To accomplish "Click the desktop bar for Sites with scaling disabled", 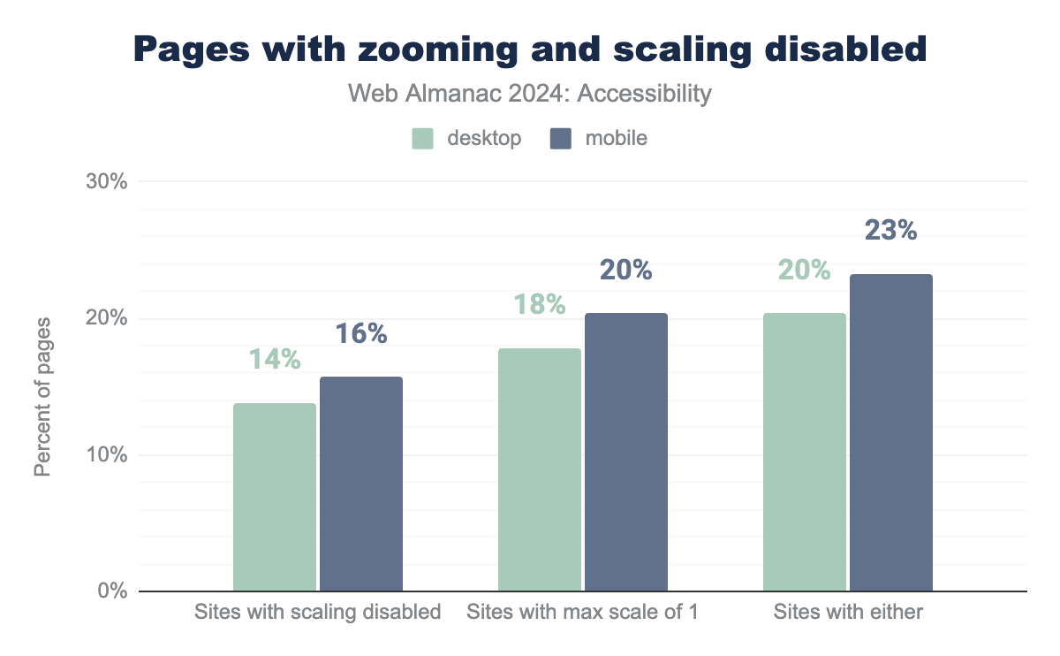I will [x=275, y=497].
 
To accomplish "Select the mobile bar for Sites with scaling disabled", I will [x=361, y=484].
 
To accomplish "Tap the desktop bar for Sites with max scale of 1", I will [x=540, y=469].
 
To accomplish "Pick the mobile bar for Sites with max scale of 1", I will [x=626, y=452].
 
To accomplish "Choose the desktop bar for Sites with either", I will [x=805, y=452].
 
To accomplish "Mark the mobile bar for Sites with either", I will [x=891, y=432].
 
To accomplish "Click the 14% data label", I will [x=275, y=360].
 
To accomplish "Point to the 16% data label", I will [x=361, y=333].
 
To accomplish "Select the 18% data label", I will [x=540, y=304].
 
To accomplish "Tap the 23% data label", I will [x=891, y=230].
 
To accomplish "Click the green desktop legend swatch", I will [x=423, y=139].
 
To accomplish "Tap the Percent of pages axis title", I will [x=42, y=395].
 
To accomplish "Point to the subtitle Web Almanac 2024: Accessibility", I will [x=530, y=93].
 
